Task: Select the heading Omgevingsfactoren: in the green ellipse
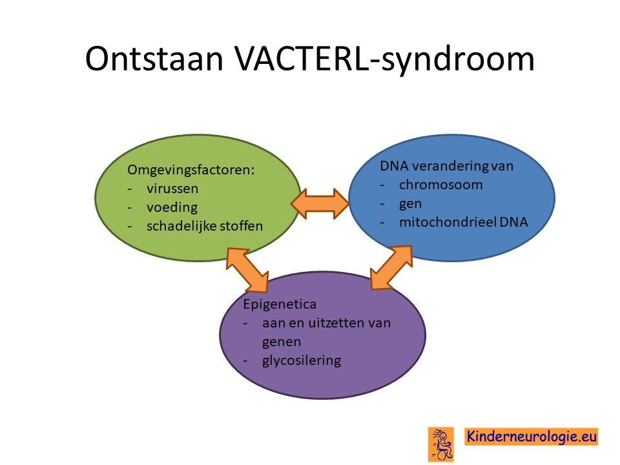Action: (191, 170)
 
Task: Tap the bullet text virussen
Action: (172, 189)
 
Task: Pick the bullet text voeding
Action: (172, 207)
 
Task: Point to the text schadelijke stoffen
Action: (205, 226)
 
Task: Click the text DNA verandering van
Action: (446, 166)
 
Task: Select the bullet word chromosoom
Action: (441, 185)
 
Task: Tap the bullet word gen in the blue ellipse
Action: (410, 205)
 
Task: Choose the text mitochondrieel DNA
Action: (464, 222)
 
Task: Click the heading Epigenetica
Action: (280, 305)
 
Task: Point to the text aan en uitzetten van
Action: (326, 323)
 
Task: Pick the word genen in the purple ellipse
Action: (282, 342)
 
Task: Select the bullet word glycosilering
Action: (302, 360)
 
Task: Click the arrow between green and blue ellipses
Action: (320, 204)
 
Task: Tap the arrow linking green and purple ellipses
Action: (247, 270)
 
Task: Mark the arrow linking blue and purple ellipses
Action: (391, 267)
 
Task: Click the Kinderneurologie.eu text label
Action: (531, 437)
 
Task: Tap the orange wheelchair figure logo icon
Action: (441, 445)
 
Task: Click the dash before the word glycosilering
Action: (245, 360)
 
